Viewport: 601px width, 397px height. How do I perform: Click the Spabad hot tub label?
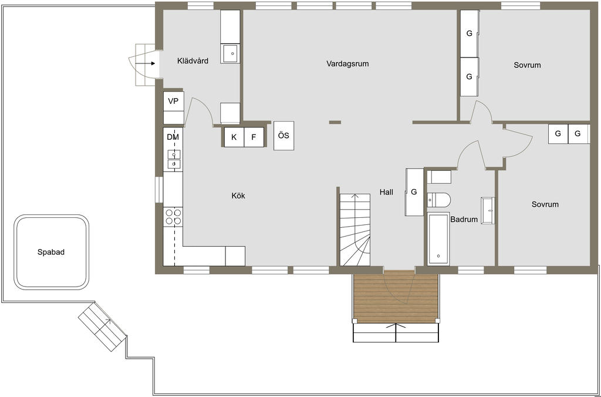tap(50, 252)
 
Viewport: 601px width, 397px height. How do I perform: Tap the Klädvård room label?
tap(193, 60)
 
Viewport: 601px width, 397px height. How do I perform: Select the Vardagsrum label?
tap(347, 63)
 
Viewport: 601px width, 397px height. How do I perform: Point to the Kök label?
tap(238, 196)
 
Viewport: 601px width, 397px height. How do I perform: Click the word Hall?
tap(386, 192)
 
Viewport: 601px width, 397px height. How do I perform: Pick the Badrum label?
tap(464, 220)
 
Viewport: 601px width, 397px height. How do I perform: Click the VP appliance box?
tap(174, 101)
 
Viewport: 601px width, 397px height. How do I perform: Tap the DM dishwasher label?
tap(173, 137)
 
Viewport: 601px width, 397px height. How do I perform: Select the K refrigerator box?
tap(234, 137)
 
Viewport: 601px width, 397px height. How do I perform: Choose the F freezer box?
tap(254, 137)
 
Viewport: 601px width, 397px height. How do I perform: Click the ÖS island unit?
tap(283, 136)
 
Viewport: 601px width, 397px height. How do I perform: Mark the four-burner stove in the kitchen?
tap(173, 217)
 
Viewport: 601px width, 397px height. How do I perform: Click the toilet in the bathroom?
tap(439, 200)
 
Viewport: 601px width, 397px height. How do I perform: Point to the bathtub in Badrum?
tap(438, 238)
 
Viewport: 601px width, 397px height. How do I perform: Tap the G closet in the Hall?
tap(414, 192)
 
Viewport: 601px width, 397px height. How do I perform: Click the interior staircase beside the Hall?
tap(355, 230)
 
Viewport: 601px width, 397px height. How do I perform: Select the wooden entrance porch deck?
tap(396, 297)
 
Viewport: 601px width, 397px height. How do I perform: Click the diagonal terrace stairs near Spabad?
tap(102, 327)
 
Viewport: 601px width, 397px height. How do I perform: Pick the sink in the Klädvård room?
tap(230, 53)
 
